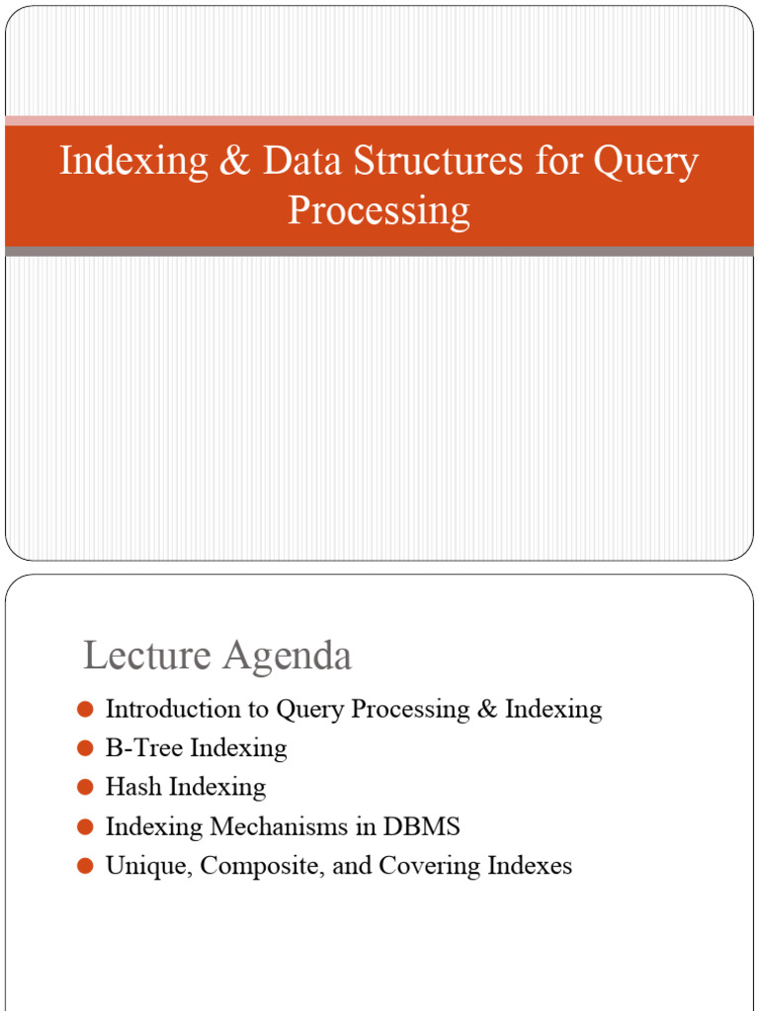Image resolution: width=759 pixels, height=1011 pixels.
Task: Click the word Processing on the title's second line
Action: click(x=379, y=211)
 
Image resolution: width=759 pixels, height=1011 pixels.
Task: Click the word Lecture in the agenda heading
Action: click(x=144, y=657)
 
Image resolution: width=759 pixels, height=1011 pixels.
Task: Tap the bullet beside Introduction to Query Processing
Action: click(x=85, y=709)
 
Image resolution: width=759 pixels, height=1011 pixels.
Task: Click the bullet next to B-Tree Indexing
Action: click(x=85, y=748)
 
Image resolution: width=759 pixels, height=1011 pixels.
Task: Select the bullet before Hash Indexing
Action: click(x=85, y=787)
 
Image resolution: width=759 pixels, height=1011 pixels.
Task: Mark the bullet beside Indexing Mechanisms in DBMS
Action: click(x=85, y=826)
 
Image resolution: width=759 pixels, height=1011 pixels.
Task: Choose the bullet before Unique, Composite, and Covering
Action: click(x=85, y=866)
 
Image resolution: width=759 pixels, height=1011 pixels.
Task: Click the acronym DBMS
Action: click(x=425, y=826)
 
